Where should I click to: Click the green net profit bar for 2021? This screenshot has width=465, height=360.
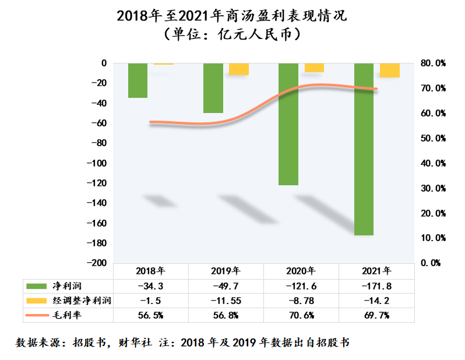364,149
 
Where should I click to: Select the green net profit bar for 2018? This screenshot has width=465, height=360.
138,80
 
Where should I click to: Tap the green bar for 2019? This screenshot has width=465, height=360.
213,88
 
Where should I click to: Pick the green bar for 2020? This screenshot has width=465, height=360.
288,123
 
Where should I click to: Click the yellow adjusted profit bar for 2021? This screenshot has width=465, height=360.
389,70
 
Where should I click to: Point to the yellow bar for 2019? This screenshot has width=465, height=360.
238,69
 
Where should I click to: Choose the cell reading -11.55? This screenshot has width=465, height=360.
226,301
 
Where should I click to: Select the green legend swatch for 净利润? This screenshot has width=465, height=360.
37,286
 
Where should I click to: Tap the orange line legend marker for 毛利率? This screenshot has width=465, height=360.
37,315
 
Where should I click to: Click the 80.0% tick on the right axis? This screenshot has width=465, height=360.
432,63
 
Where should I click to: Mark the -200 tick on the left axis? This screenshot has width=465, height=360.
97,263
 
